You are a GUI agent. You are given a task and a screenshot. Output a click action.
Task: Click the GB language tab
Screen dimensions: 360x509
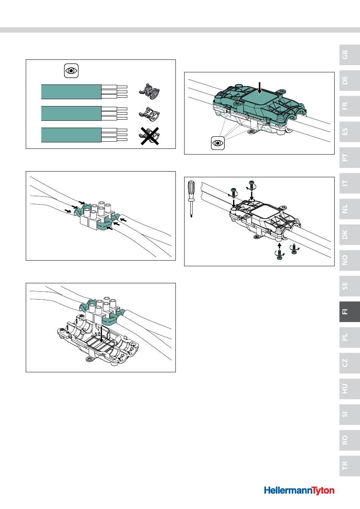tap(349, 55)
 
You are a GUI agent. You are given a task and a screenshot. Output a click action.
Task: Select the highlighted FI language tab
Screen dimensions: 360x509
tap(349, 312)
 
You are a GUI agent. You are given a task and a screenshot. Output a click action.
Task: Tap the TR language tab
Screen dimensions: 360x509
tap(349, 465)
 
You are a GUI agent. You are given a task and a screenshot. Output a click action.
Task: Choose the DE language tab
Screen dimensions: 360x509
tap(349, 80)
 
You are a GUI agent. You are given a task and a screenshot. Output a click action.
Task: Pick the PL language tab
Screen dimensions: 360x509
tap(349, 337)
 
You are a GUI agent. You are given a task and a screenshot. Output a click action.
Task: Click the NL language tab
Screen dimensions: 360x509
tap(349, 209)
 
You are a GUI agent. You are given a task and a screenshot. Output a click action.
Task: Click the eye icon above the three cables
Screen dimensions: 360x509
tap(71, 71)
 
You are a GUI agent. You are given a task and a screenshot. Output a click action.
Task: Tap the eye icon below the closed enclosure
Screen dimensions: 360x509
tap(218, 143)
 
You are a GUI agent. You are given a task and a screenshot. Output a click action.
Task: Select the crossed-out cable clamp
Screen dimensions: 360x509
tap(149, 136)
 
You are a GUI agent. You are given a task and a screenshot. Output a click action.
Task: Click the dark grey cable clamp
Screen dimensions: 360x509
tap(149, 92)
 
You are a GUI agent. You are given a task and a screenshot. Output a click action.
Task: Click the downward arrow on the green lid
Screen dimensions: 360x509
tap(260, 88)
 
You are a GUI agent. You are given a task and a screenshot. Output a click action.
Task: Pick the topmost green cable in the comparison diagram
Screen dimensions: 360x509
tap(71, 92)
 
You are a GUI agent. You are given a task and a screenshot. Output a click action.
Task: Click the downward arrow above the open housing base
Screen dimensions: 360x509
tap(102, 334)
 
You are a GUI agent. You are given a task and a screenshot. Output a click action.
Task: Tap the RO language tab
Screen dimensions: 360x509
tap(349, 440)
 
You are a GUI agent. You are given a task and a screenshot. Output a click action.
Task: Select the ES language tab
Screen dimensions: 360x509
tap(349, 132)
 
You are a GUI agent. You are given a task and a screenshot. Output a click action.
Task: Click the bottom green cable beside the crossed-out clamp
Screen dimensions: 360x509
tap(71, 135)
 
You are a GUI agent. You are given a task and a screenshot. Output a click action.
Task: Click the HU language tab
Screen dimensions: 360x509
tap(349, 389)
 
